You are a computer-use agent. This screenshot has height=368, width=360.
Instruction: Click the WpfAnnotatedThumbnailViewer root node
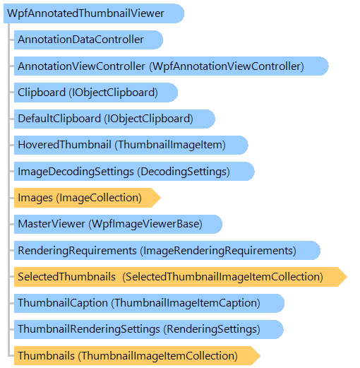94,13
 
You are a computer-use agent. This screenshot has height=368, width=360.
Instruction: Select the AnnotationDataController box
88,40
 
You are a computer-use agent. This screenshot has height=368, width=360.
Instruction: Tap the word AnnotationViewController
81,66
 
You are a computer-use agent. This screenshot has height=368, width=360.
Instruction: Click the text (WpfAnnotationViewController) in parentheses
227,66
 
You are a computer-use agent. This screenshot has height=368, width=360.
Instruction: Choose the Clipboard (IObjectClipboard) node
96,93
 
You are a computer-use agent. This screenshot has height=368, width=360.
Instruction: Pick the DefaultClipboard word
59,119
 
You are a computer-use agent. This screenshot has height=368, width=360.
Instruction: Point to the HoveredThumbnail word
64,145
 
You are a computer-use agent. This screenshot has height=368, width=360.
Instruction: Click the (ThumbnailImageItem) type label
170,145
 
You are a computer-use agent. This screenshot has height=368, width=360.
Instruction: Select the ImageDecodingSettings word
76,172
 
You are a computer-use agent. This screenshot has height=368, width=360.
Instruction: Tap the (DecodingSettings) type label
184,172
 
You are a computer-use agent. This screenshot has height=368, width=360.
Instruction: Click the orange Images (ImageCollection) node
88,198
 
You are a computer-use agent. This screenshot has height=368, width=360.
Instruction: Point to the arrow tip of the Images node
161,198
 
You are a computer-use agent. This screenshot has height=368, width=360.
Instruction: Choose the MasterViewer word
52,224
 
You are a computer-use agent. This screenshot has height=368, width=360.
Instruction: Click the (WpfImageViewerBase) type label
145,224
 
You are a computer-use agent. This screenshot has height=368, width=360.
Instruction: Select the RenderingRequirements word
77,251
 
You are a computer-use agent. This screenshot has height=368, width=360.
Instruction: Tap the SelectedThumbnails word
67,277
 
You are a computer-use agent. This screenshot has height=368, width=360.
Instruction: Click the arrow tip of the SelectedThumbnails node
347,277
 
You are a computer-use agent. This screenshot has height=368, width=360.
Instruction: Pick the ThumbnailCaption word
63,303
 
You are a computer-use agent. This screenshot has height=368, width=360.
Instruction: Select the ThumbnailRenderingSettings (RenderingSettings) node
149,329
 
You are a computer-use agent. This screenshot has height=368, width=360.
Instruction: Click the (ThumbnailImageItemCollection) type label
158,356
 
